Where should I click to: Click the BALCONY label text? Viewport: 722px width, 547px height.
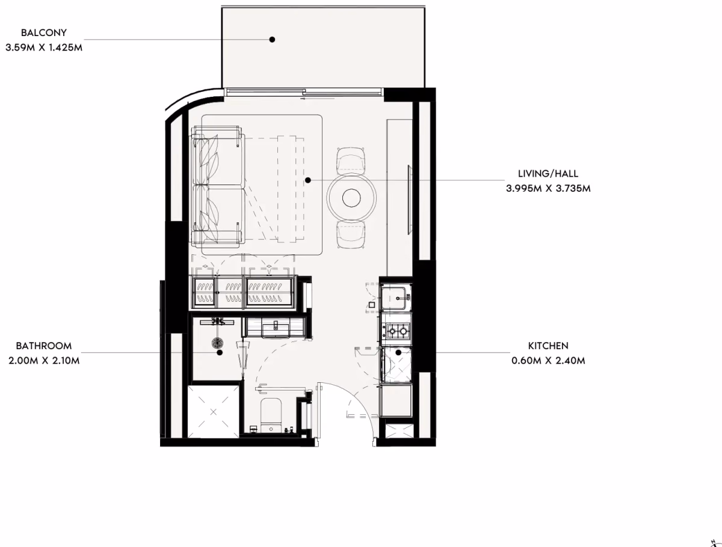(x=44, y=33)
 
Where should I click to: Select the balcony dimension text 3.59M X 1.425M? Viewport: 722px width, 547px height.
(x=44, y=47)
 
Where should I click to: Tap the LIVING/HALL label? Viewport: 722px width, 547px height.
(x=548, y=174)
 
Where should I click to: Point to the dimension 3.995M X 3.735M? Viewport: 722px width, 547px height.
(x=548, y=189)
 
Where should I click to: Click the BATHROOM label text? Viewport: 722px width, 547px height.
(x=44, y=346)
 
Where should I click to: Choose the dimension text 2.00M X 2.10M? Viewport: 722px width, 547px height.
(x=44, y=361)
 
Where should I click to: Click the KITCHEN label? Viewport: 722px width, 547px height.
(x=548, y=346)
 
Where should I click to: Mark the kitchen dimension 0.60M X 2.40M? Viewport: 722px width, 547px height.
(x=548, y=361)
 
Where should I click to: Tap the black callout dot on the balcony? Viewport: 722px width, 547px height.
(x=272, y=40)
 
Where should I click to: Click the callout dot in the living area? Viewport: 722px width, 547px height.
(x=308, y=180)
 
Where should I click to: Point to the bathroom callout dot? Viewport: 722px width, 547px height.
(x=220, y=352)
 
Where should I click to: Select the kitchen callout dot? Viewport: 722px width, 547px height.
(x=398, y=352)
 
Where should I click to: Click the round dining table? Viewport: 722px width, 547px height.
(x=351, y=198)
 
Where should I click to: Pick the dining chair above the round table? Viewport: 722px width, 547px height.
(x=351, y=161)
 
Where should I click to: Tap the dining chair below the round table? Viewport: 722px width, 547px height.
(x=351, y=234)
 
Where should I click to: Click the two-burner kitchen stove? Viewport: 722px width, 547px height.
(x=397, y=331)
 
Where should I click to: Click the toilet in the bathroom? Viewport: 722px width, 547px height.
(x=271, y=415)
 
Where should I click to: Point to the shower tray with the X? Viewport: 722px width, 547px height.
(x=213, y=412)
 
